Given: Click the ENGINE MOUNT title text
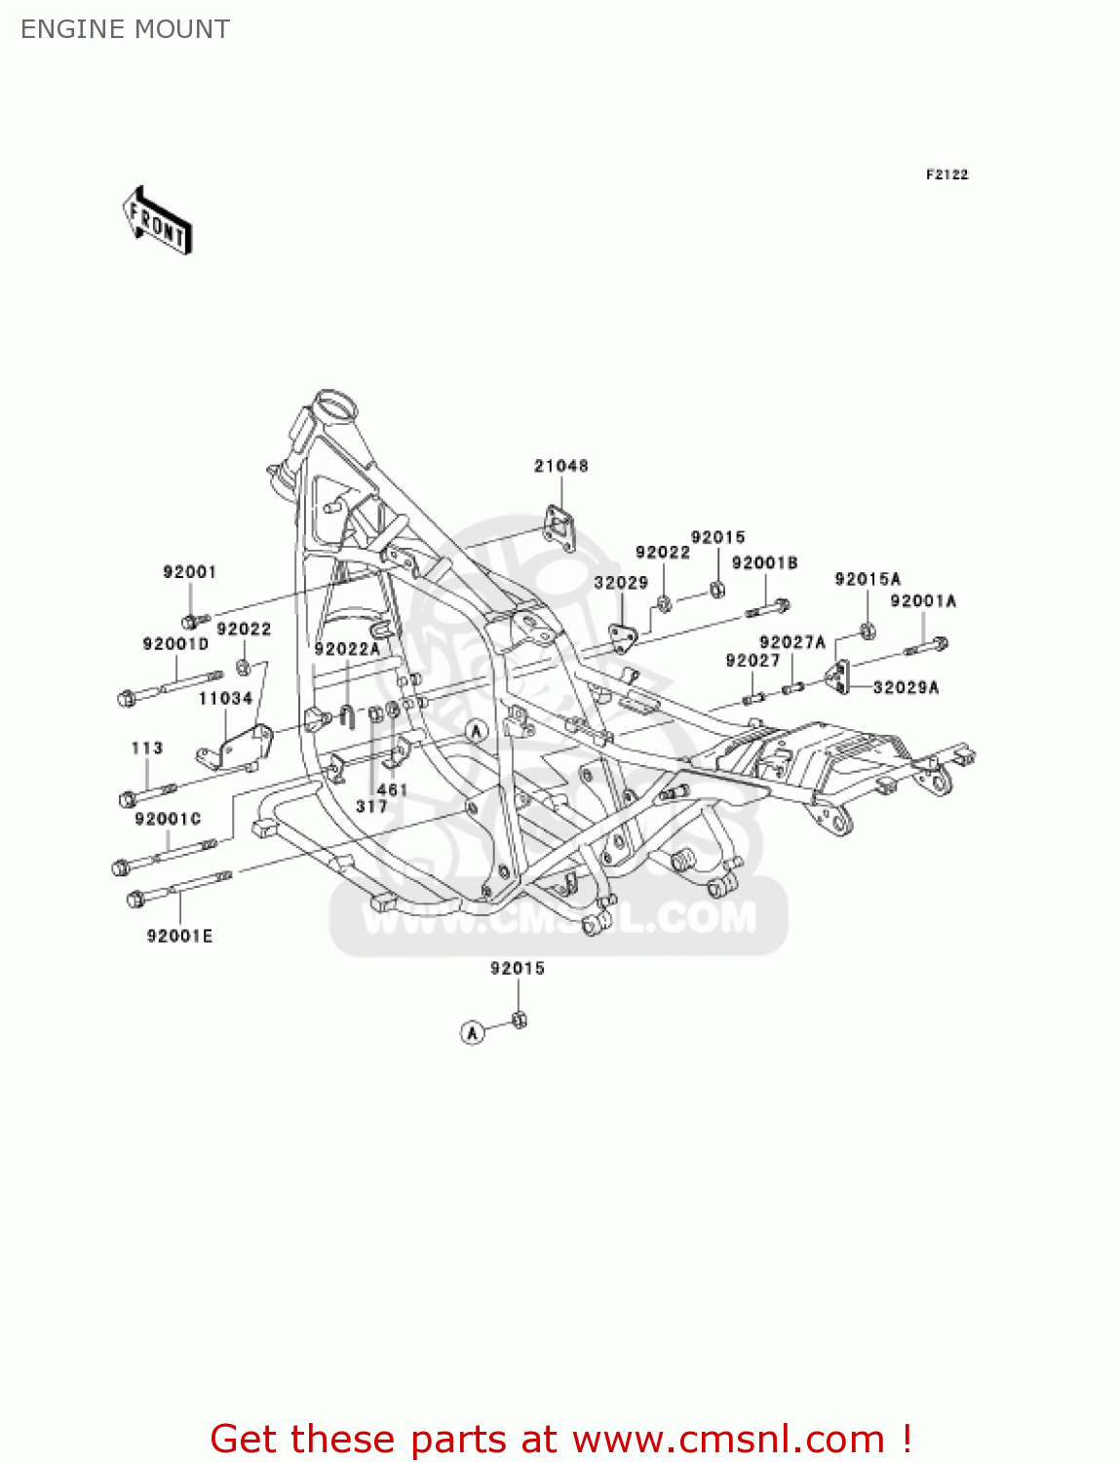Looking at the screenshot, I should [x=126, y=29].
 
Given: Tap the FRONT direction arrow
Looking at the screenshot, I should [x=157, y=221].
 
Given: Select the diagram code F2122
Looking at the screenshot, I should [x=946, y=174].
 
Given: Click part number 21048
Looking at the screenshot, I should [x=560, y=466].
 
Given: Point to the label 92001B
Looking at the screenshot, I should [x=764, y=562].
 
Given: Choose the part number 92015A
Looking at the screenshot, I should [x=867, y=579].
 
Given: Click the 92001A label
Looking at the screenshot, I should [x=922, y=600].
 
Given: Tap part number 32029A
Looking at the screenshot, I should [x=906, y=687].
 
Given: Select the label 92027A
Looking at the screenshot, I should [x=791, y=641].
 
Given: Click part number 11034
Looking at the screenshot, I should [x=225, y=698].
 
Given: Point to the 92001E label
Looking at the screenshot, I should [x=179, y=936].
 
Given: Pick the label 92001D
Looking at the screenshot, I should [x=175, y=643].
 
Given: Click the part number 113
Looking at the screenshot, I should [x=147, y=748].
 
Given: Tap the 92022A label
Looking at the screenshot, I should [x=346, y=648].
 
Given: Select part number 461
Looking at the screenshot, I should [x=392, y=789].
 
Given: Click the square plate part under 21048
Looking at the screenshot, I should [x=559, y=526].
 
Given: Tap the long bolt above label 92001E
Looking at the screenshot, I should [x=179, y=888].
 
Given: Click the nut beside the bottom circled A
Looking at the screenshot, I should [x=519, y=1020].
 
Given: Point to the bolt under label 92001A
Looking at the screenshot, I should [x=926, y=645].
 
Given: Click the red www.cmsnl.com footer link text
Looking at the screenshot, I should [x=727, y=1439].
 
